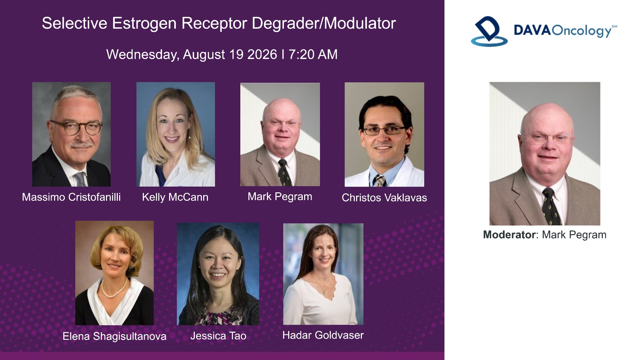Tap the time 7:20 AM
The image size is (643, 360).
313,54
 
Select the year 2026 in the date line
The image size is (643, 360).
262,54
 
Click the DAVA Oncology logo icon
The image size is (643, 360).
489,31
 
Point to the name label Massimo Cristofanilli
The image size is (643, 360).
71,197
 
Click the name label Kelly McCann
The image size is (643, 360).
175,197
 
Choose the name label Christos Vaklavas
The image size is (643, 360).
384,197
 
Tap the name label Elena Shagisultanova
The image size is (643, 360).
114,336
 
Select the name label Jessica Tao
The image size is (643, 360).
218,336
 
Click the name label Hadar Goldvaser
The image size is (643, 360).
323,335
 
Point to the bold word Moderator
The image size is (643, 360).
509,234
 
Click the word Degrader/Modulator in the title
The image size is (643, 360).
324,24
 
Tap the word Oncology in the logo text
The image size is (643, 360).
582,31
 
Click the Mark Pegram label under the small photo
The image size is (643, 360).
280,197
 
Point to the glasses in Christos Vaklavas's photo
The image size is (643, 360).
384,130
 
